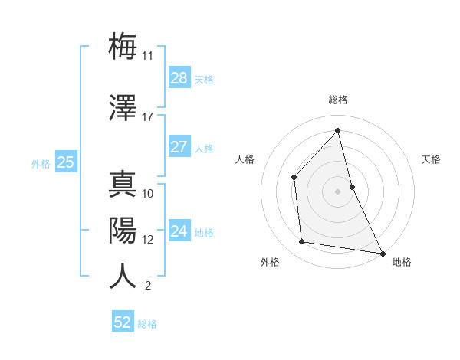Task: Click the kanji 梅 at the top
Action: tap(123, 47)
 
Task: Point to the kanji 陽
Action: tap(123, 229)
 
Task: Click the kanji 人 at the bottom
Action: tap(123, 276)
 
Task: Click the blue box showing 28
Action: tap(179, 78)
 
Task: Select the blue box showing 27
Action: tap(179, 147)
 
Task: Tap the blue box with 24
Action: tap(179, 231)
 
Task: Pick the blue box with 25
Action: tap(66, 162)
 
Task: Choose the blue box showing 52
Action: tap(123, 322)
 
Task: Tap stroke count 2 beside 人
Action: tap(147, 286)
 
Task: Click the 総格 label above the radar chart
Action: tap(338, 100)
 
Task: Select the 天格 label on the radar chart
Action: tap(432, 159)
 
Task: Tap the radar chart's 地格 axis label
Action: tap(402, 263)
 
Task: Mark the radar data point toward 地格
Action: tap(383, 252)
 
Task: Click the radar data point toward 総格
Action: tap(338, 131)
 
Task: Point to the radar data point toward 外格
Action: tap(302, 242)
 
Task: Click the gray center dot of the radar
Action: tap(338, 191)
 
